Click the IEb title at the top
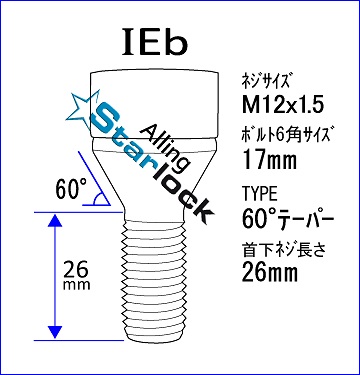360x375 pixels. (155, 42)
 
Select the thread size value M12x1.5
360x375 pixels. (283, 106)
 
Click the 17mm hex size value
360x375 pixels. (270, 160)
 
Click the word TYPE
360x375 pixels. (260, 194)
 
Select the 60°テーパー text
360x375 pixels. (288, 220)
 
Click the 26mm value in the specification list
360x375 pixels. (270, 273)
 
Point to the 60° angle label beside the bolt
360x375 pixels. (71, 188)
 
